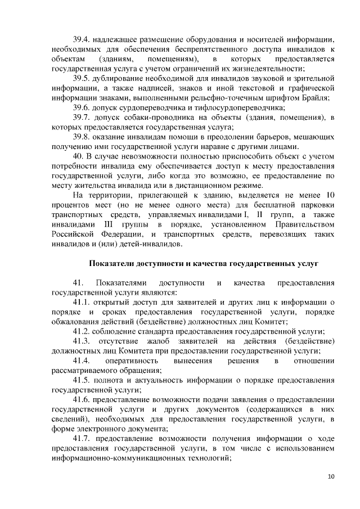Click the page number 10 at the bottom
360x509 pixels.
pyautogui.click(x=330, y=477)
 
